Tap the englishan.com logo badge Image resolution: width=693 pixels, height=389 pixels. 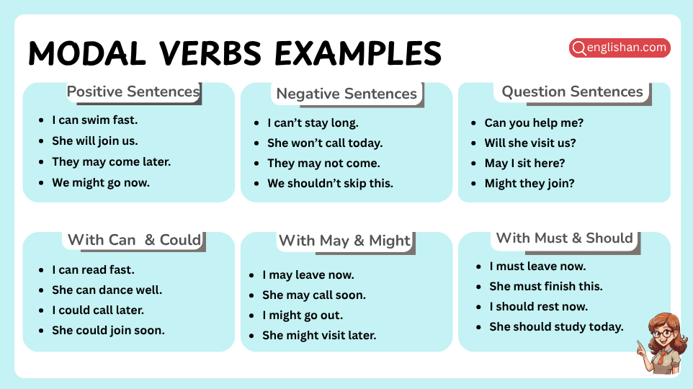point(620,48)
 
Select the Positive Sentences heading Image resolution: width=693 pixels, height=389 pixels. point(133,92)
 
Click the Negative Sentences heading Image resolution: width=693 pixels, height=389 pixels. point(346,94)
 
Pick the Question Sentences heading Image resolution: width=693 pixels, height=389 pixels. point(572,91)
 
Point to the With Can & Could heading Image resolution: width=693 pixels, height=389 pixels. point(134,240)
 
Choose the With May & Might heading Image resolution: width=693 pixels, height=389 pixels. point(344,241)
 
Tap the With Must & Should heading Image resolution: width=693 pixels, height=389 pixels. point(564,238)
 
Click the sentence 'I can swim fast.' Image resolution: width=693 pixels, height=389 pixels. point(94,120)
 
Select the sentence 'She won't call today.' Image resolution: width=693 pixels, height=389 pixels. point(325,143)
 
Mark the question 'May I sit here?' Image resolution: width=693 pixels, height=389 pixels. point(524,163)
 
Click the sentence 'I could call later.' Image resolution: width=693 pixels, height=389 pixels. point(98,310)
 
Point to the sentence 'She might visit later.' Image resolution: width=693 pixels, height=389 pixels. point(319,335)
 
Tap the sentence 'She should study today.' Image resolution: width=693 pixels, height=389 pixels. point(556,326)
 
